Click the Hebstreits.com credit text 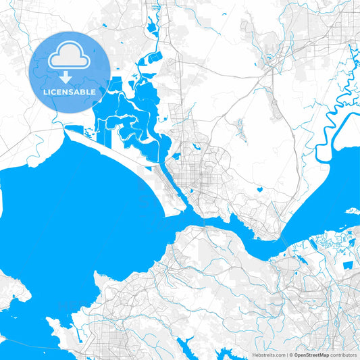click(x=269, y=355)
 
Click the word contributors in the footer click(x=344, y=355)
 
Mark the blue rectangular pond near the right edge click(x=347, y=265)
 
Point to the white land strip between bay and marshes click(x=115, y=151)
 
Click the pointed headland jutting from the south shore click(x=99, y=276)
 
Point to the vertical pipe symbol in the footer click(x=289, y=355)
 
